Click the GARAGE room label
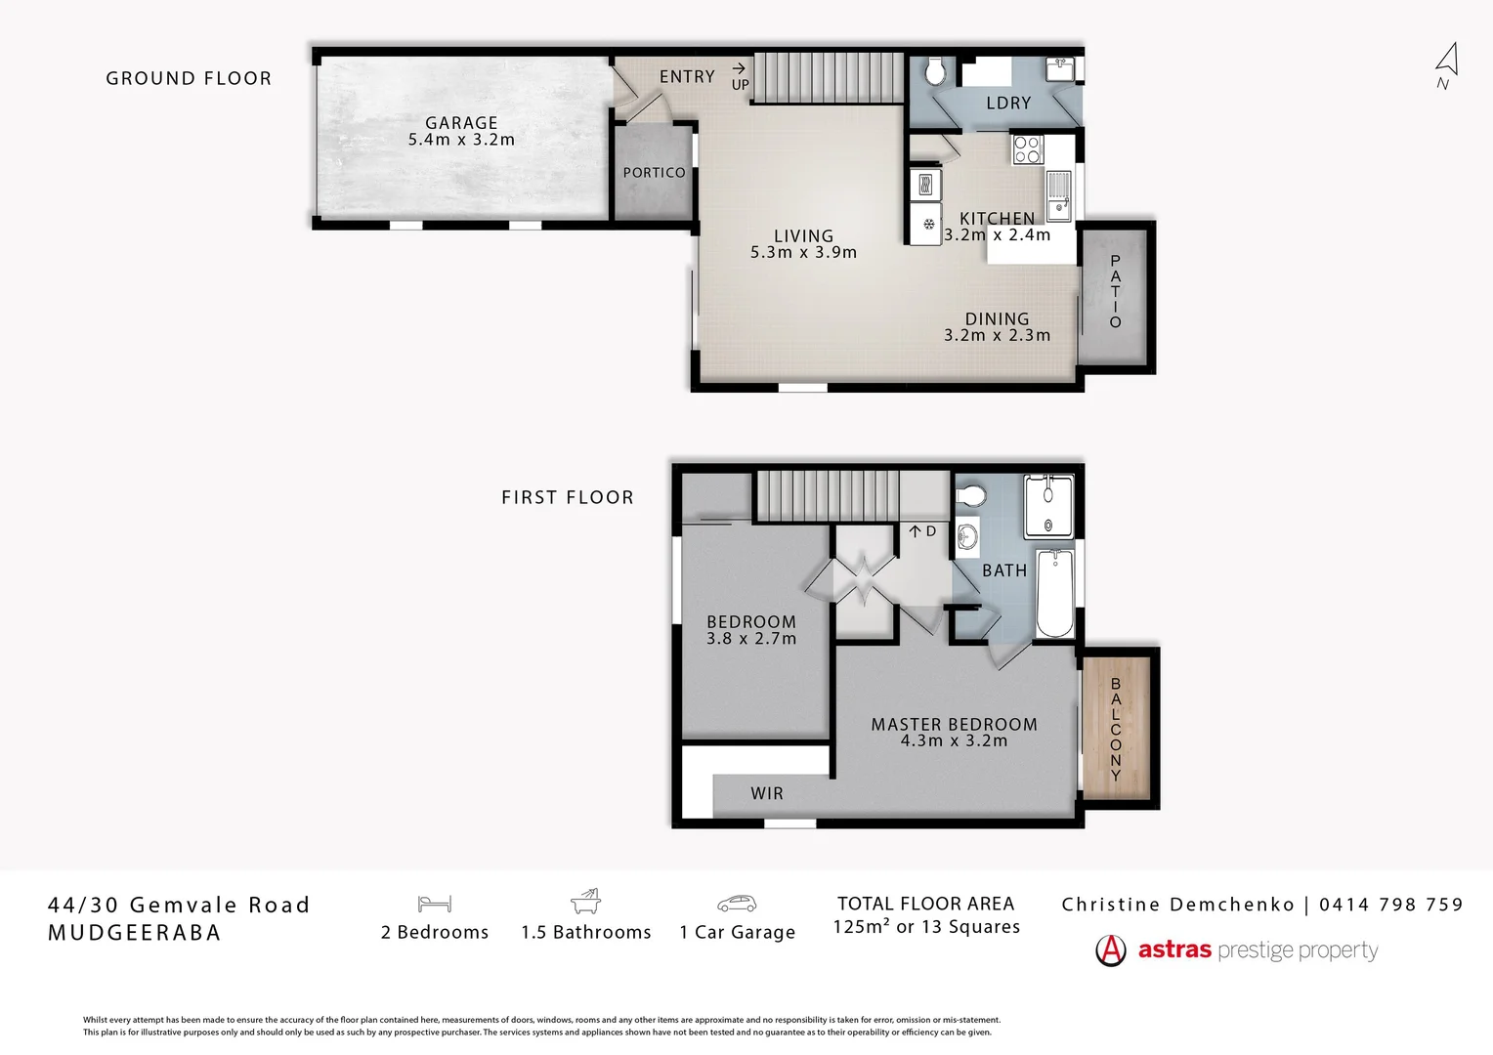click(x=461, y=123)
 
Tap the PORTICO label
click(x=654, y=173)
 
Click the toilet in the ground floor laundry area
click(x=935, y=71)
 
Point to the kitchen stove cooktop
click(x=1027, y=149)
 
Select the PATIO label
click(x=1115, y=291)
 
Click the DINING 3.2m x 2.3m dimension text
click(x=997, y=335)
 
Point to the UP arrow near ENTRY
click(x=740, y=68)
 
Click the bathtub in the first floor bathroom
click(x=1054, y=593)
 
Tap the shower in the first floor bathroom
click(x=1048, y=506)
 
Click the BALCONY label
click(x=1115, y=729)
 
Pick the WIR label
click(x=767, y=793)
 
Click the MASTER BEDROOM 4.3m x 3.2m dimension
click(x=954, y=740)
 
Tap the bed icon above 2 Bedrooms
click(x=434, y=904)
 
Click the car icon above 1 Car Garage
click(x=737, y=904)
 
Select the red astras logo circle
click(x=1111, y=949)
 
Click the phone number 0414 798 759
click(x=1390, y=905)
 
